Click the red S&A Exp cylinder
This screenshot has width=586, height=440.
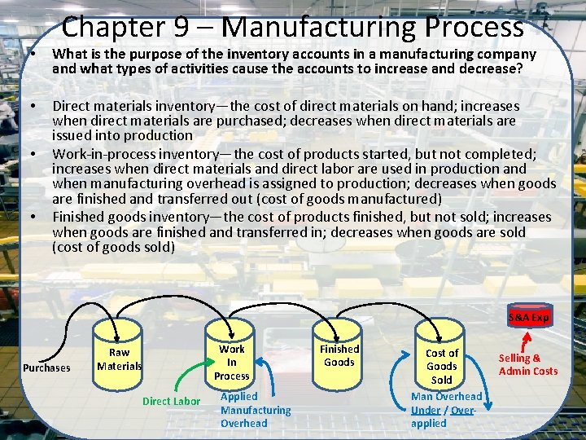click(x=529, y=317)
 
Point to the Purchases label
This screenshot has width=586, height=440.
click(x=46, y=367)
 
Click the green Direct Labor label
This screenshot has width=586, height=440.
click(x=171, y=401)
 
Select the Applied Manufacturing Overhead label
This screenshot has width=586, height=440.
click(x=255, y=410)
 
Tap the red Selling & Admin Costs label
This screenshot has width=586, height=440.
click(x=528, y=364)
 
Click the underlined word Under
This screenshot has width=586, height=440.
click(x=426, y=410)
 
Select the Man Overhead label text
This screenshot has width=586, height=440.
click(x=446, y=397)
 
